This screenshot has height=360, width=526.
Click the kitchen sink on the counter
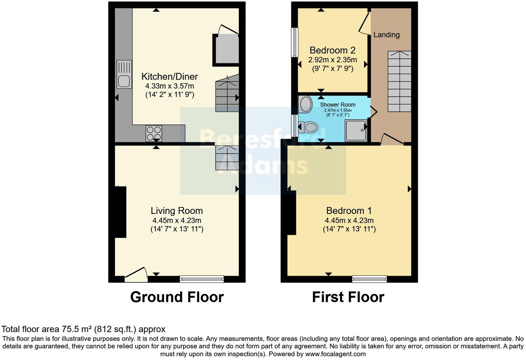point(124,74)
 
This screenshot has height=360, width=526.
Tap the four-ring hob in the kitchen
point(154,133)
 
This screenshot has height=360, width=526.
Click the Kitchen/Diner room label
point(170,76)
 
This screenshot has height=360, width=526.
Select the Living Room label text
point(176,211)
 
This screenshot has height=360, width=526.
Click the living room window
point(201,279)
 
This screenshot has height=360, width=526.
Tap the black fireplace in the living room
point(120,212)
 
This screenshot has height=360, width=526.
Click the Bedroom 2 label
point(332,51)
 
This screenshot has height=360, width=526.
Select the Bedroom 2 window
point(295,42)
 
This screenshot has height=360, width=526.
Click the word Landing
point(386,35)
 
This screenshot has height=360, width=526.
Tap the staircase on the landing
point(399,81)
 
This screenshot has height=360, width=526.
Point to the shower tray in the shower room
point(356,130)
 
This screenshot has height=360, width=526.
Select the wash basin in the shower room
point(305,104)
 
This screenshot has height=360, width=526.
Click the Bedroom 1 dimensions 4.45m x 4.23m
point(349,220)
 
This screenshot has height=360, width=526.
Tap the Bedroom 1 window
point(369,279)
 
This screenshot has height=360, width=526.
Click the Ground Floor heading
point(177,297)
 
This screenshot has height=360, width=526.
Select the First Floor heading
point(348,297)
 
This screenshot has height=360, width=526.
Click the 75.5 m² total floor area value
point(77,329)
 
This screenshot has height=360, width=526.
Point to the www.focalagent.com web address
point(335,354)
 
